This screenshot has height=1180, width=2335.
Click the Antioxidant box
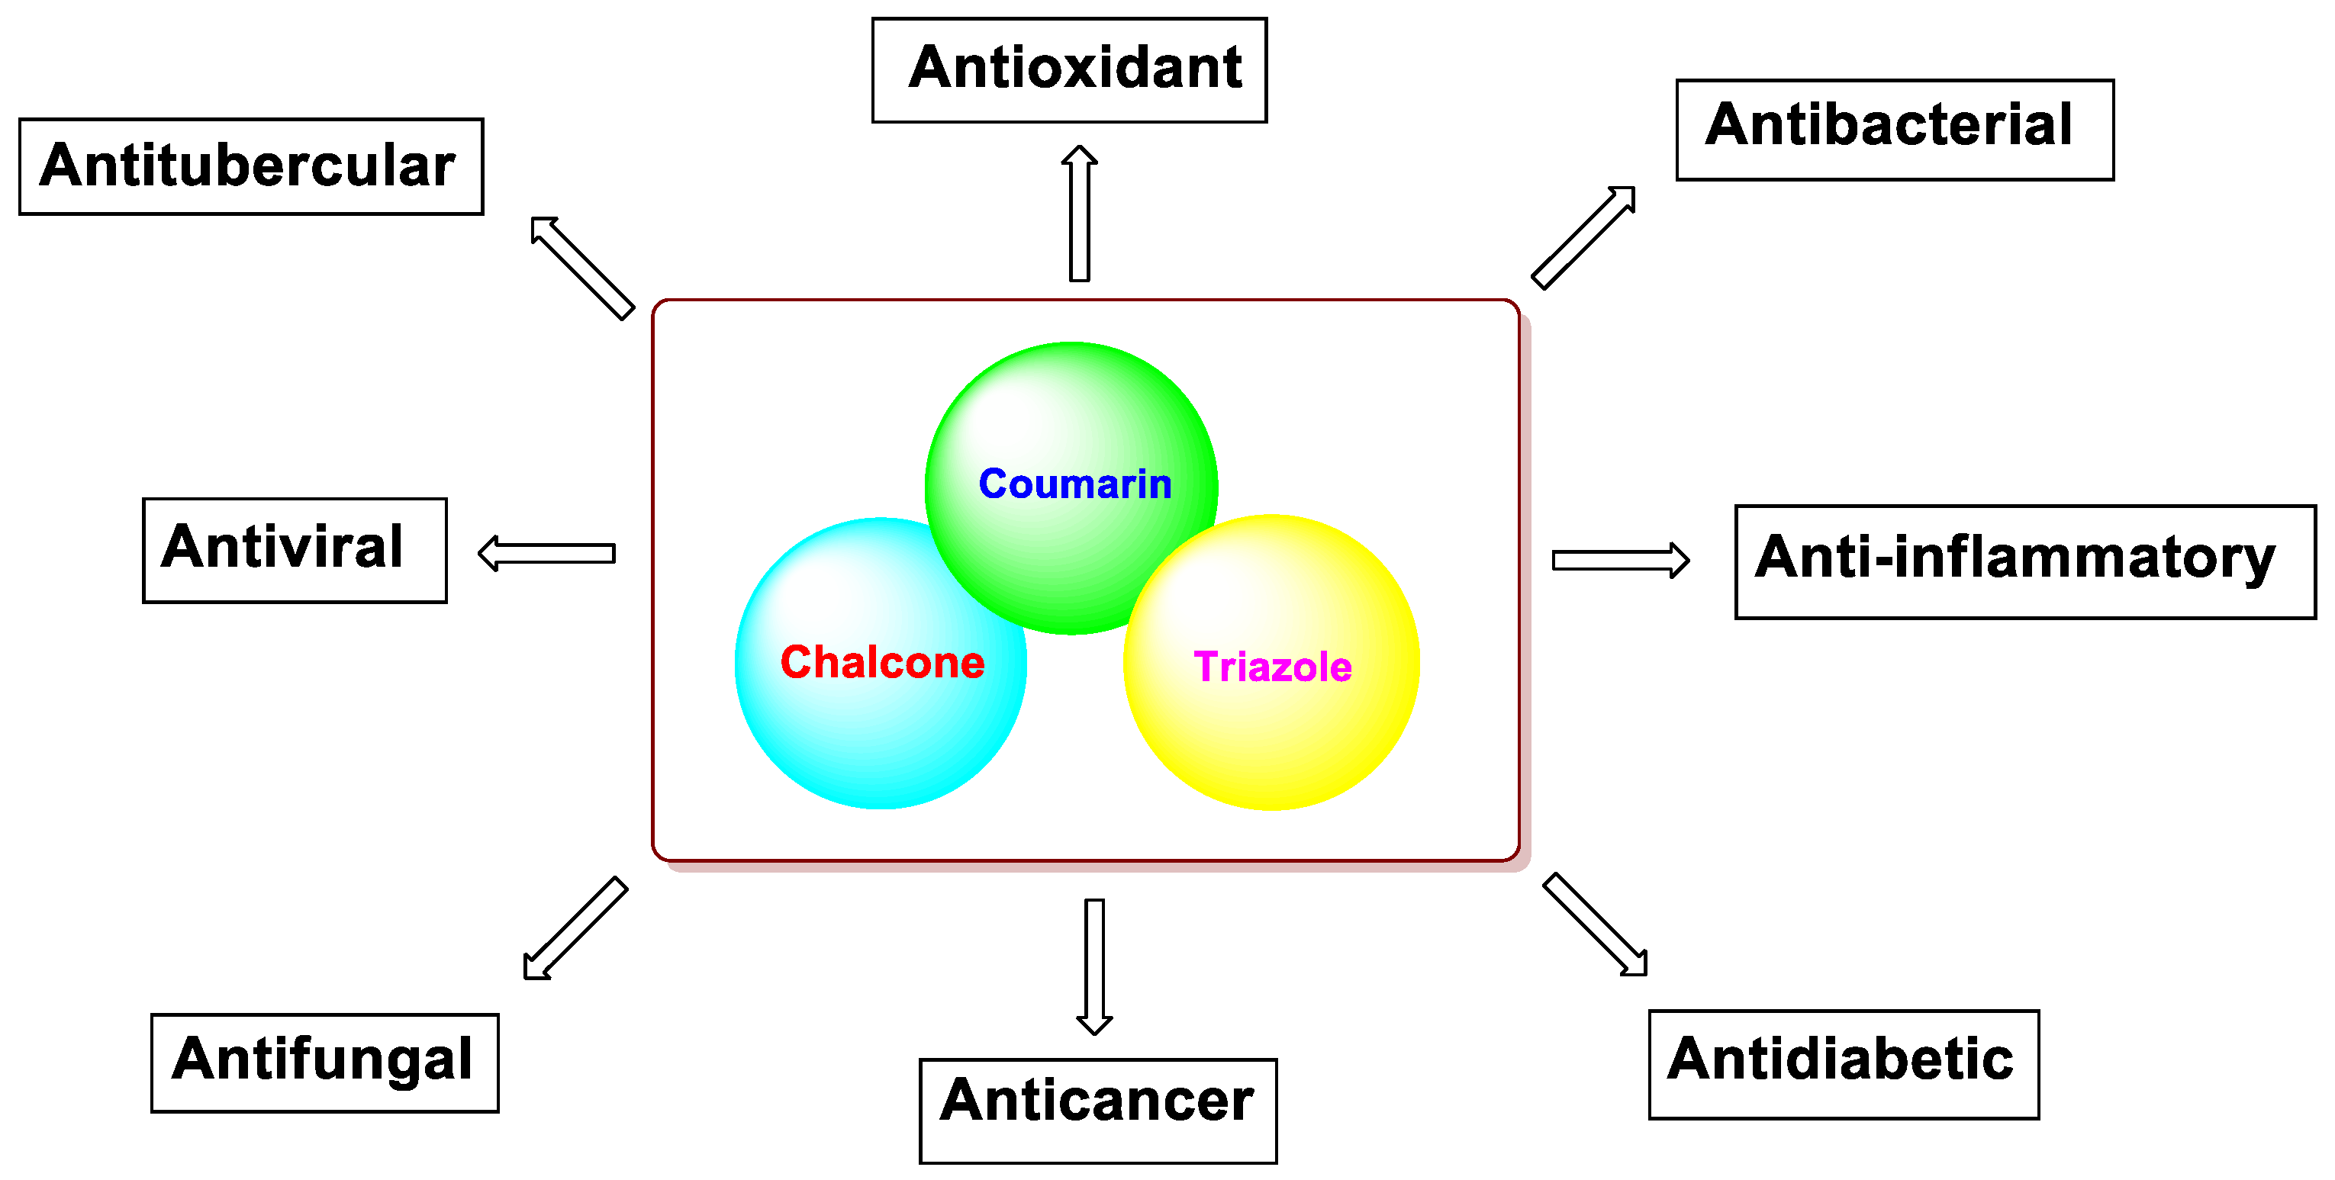click(x=1069, y=69)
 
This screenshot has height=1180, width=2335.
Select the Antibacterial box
click(x=1895, y=130)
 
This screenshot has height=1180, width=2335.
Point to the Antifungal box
click(x=324, y=1063)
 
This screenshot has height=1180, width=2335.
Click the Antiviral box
click(x=295, y=549)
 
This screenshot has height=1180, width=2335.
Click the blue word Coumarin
click(x=1075, y=484)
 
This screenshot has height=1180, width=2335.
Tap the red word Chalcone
click(x=882, y=663)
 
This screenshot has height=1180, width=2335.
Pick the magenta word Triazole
click(x=1273, y=667)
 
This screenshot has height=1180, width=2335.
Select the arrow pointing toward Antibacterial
click(x=1583, y=237)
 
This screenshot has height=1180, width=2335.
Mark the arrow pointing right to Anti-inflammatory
click(x=1620, y=560)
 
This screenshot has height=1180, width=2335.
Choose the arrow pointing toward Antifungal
click(x=575, y=928)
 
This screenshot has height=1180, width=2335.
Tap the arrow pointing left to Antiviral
click(x=546, y=553)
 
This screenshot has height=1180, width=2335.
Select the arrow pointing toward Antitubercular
click(x=582, y=268)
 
